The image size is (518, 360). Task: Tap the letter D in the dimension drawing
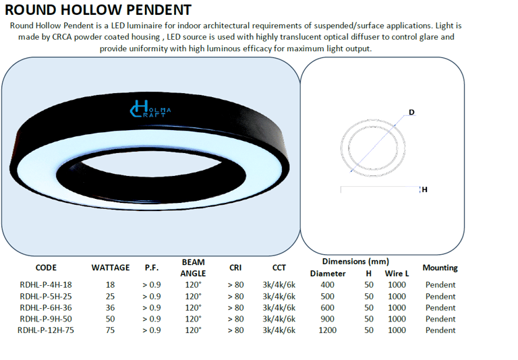coord(411,112)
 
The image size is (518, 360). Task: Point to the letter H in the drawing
coord(424,189)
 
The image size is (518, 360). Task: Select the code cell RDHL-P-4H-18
coord(46,284)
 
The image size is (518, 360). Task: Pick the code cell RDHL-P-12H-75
coord(46,330)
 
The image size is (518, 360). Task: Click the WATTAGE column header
coord(111,268)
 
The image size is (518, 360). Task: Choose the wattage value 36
coord(111,307)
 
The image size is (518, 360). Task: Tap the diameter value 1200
coord(328,330)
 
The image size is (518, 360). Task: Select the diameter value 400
coord(328,284)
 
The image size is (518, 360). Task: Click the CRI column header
coord(235,268)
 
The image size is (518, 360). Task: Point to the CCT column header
coord(279,268)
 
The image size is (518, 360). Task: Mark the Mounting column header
coord(440,268)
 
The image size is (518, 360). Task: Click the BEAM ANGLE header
coord(193,268)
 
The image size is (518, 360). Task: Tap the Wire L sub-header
coord(397,274)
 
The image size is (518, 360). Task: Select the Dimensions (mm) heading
coord(355,261)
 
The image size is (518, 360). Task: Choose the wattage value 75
coord(111,330)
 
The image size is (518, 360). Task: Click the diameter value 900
coord(328,319)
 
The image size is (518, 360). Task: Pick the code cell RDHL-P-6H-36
coord(46,307)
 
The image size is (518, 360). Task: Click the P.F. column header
coord(152,268)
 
